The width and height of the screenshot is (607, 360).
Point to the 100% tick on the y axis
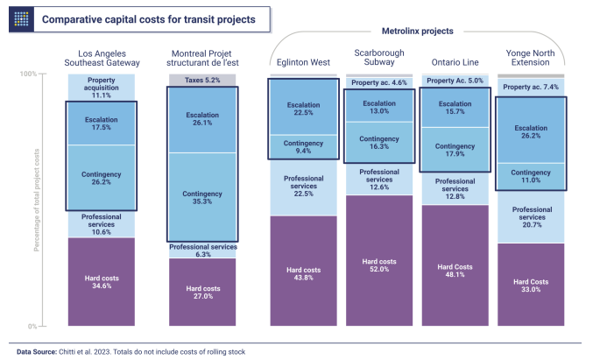pos(28,74)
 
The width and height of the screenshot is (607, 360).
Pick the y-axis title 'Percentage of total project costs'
pos(38,200)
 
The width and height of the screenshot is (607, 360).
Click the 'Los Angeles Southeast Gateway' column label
pos(102,57)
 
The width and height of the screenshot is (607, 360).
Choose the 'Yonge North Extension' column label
pos(531,57)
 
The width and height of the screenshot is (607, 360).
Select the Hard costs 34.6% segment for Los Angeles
pos(102,280)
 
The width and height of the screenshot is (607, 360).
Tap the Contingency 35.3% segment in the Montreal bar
pos(202,198)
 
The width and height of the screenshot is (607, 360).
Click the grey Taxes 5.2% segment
pos(202,80)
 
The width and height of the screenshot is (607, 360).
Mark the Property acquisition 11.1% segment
pos(102,87)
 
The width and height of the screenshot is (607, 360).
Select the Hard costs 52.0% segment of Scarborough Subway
pos(379,261)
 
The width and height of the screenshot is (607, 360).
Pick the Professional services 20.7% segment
pos(531,216)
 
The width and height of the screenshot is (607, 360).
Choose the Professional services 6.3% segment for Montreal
pos(202,251)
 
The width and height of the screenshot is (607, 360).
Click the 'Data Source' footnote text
pos(131,351)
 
